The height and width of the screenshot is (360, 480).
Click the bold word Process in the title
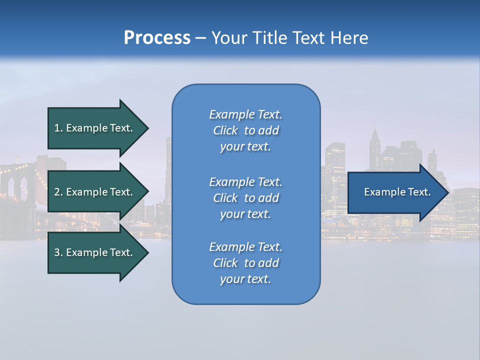pyautogui.click(x=157, y=38)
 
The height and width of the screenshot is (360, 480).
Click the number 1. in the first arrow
pyautogui.click(x=58, y=128)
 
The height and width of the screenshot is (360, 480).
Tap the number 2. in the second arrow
pyautogui.click(x=58, y=192)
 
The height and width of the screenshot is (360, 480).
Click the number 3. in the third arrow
pyautogui.click(x=58, y=252)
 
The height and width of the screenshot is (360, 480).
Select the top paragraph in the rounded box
pyautogui.click(x=245, y=130)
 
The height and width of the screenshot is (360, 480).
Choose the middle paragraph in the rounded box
pyautogui.click(x=245, y=198)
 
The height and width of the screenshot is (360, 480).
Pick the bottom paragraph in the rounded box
pyautogui.click(x=245, y=263)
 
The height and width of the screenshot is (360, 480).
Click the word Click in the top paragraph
pyautogui.click(x=225, y=130)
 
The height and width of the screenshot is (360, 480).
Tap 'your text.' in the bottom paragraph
pyautogui.click(x=245, y=279)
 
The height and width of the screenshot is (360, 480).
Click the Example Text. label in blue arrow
pyautogui.click(x=397, y=192)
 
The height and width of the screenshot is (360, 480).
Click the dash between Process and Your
pyautogui.click(x=200, y=38)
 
